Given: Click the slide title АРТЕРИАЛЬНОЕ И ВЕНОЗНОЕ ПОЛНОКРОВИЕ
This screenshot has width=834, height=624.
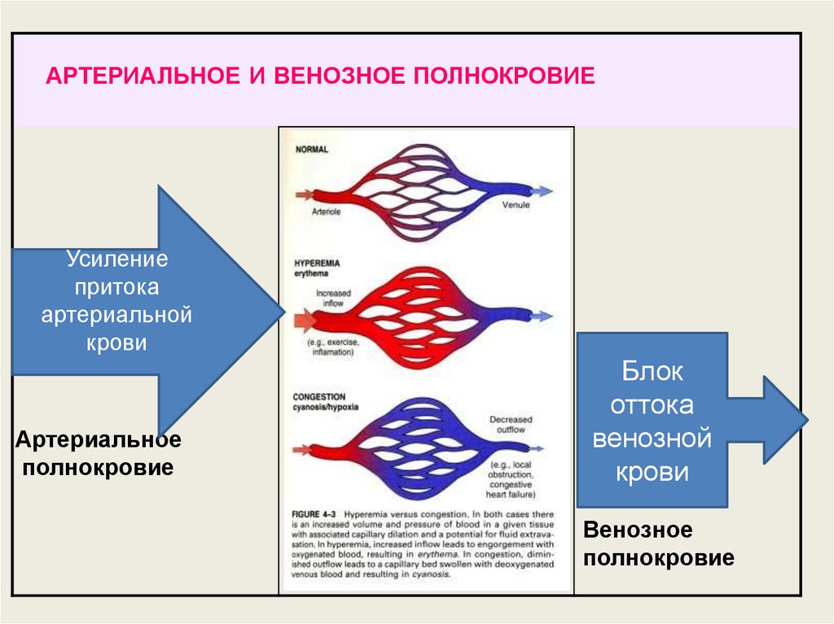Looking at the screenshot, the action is pos(320,76).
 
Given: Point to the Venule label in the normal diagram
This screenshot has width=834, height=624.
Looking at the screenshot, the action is pos(516,205).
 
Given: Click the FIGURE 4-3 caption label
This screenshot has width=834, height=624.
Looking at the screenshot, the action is pos(314,515).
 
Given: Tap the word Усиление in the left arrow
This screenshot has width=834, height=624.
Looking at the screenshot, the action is pos(116,260).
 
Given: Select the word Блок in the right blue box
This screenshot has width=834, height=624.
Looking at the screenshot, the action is pos(652,374).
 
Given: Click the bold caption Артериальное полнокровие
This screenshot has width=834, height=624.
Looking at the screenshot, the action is pos(98,454).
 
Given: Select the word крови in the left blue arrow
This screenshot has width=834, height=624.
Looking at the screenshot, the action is pos(116,343).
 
